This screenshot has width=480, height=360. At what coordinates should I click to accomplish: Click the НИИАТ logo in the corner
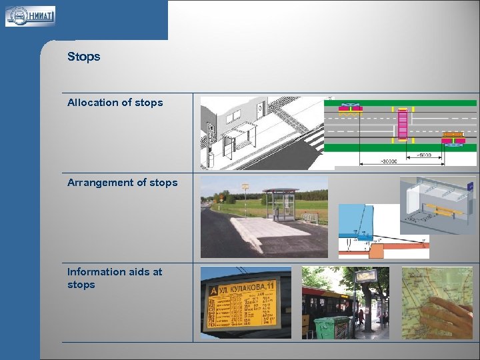click(x=30, y=16)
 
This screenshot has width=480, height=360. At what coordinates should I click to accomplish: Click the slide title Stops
click(x=83, y=57)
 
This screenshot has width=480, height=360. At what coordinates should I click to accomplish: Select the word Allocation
click(x=90, y=103)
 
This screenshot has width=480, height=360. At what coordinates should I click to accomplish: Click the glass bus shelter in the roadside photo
click(x=280, y=204)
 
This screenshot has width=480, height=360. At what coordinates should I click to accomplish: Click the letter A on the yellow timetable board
click(x=213, y=291)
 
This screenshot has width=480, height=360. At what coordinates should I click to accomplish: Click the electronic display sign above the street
click(x=366, y=276)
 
